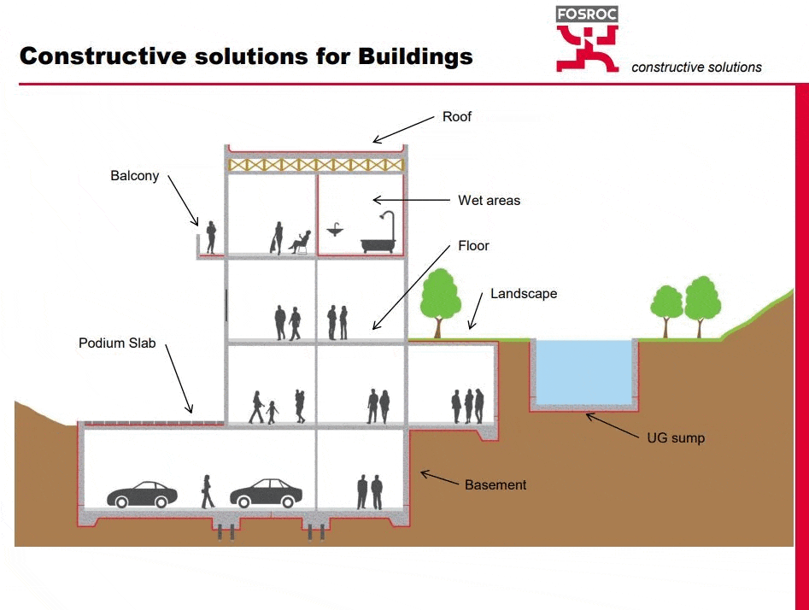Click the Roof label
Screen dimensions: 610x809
(456, 116)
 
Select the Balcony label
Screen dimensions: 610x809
(134, 176)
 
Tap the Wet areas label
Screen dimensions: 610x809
(489, 201)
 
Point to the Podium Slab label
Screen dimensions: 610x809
(118, 343)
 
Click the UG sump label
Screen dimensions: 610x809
(676, 438)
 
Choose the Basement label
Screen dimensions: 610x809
(495, 484)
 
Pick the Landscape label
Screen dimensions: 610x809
(523, 294)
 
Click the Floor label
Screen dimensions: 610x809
(473, 246)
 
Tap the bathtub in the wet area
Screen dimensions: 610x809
(378, 243)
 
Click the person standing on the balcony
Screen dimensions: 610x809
(211, 238)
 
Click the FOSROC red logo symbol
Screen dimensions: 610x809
(587, 48)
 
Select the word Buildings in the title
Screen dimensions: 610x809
(415, 56)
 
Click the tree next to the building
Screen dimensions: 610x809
(440, 300)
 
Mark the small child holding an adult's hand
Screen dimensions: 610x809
(272, 413)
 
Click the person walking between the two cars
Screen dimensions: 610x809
(207, 491)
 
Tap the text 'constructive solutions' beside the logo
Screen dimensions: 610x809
(696, 67)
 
